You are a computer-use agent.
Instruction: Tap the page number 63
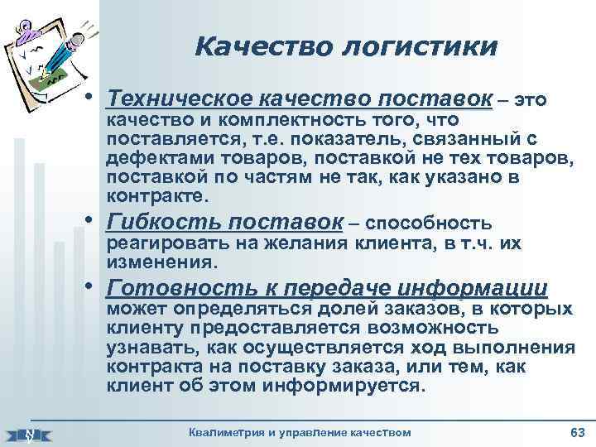coord(577,433)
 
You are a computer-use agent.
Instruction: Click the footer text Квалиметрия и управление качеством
coord(300,433)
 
